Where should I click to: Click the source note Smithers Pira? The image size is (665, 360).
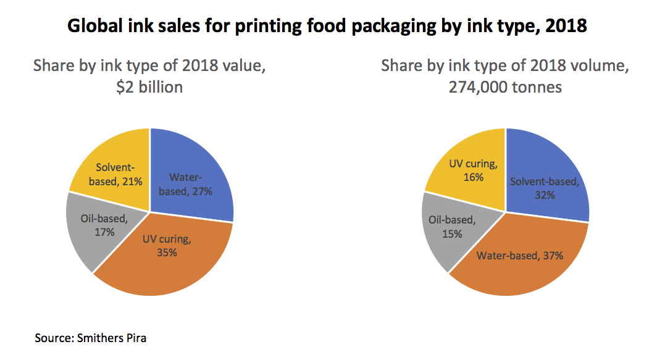coord(101,338)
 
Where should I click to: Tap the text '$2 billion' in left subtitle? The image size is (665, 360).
coord(150,87)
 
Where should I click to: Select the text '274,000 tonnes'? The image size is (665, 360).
coord(505,87)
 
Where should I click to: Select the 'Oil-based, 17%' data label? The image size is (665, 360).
coord(104,225)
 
